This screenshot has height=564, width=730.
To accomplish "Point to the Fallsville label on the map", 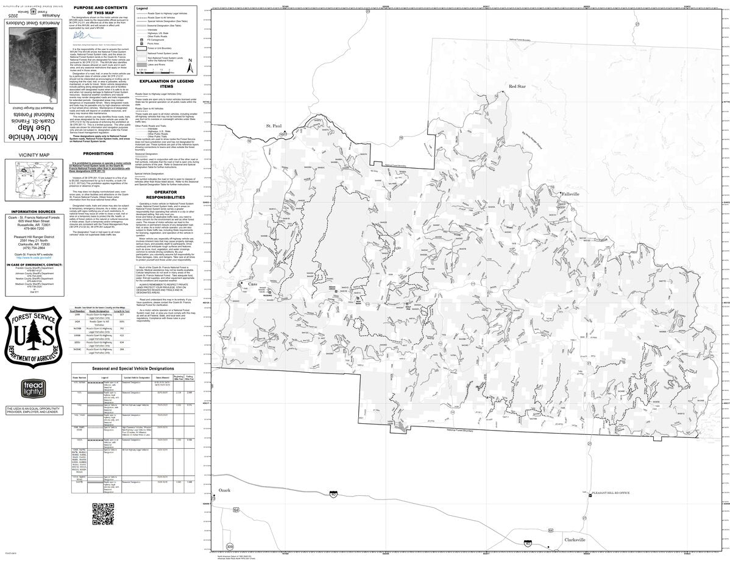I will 572,194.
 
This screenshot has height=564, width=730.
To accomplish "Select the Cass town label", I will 253,284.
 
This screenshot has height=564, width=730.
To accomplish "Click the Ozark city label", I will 225,490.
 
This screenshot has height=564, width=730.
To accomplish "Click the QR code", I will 104,514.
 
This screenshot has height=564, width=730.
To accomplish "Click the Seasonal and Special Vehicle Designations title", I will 132,368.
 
